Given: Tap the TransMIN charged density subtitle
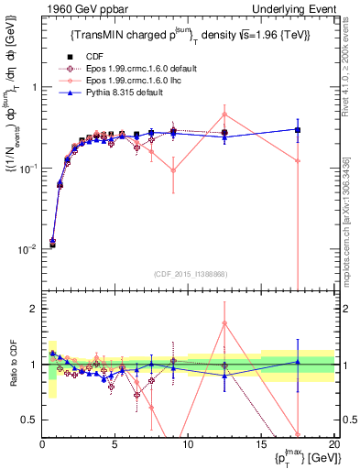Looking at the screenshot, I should click(x=191, y=35).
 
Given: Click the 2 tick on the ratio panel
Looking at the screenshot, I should click(x=30, y=309).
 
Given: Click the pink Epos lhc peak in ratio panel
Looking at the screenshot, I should click(x=224, y=322).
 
